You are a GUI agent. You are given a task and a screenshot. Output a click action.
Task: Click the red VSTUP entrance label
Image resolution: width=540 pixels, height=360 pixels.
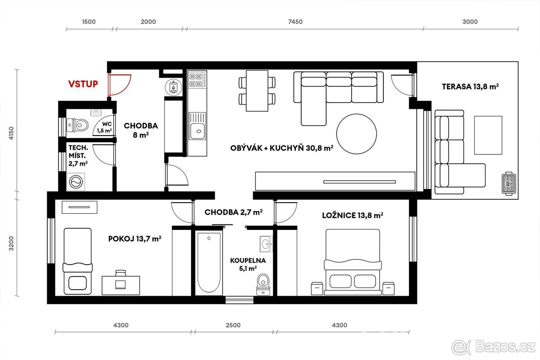pyautogui.click(x=83, y=84)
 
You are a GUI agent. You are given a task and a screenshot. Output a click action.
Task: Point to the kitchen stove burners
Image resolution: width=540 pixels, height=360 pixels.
pyautogui.click(x=197, y=80)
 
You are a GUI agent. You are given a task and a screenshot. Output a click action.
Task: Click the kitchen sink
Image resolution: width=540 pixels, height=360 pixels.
pyautogui.click(x=197, y=131)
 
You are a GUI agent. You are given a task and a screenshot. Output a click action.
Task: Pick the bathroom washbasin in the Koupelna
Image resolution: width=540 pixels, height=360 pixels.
pyautogui.click(x=265, y=244)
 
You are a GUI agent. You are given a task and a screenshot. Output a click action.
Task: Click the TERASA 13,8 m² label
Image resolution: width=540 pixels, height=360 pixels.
pyautogui.click(x=470, y=87)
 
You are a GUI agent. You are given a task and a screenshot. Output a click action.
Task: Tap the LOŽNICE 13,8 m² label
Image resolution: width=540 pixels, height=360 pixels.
pyautogui.click(x=352, y=216)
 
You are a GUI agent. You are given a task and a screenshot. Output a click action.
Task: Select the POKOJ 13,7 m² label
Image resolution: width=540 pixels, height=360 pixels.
pyautogui.click(x=135, y=239)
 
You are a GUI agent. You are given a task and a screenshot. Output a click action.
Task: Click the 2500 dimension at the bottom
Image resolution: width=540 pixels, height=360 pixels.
pyautogui.click(x=233, y=325)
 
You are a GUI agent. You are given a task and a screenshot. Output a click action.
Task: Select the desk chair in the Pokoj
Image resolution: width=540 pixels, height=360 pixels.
pyautogui.click(x=121, y=273)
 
